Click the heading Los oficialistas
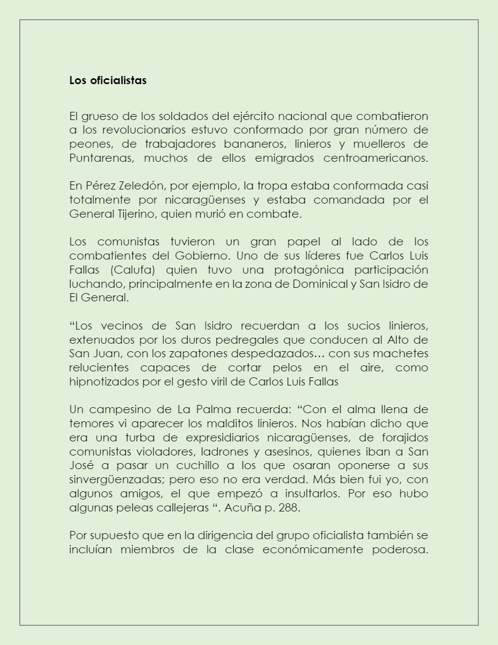(108, 80)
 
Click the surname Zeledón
(138, 186)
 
